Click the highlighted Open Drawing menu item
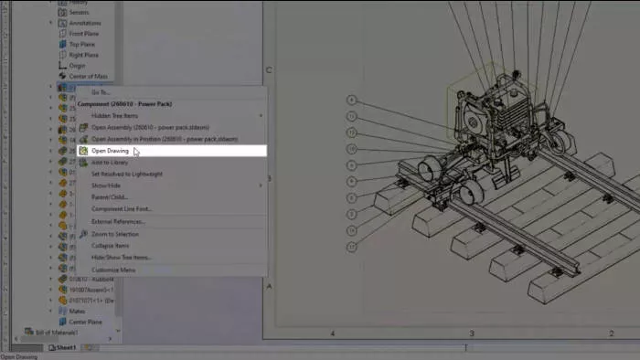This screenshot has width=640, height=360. pyautogui.click(x=110, y=151)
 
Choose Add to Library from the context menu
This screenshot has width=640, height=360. pyautogui.click(x=110, y=162)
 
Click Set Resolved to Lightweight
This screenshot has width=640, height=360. pyautogui.click(x=127, y=174)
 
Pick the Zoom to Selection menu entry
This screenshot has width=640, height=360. pyautogui.click(x=115, y=234)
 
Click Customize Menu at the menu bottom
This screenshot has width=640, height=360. pyautogui.click(x=113, y=270)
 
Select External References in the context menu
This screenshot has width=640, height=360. pyautogui.click(x=118, y=221)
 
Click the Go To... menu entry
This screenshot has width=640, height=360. pyautogui.click(x=101, y=92)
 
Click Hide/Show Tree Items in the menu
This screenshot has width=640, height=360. pyautogui.click(x=121, y=257)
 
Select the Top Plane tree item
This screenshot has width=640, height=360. pyautogui.click(x=82, y=44)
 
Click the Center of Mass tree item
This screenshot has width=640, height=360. pyautogui.click(x=90, y=76)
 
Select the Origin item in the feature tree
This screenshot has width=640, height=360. pyautogui.click(x=78, y=65)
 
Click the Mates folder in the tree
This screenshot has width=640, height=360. pyautogui.click(x=78, y=311)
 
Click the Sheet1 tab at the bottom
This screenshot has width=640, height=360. pyautogui.click(x=66, y=347)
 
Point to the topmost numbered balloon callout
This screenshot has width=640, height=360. pyautogui.click(x=352, y=99)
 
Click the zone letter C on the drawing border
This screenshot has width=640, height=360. pyautogui.click(x=268, y=70)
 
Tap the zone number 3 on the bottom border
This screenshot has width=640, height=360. pyautogui.click(x=471, y=334)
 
